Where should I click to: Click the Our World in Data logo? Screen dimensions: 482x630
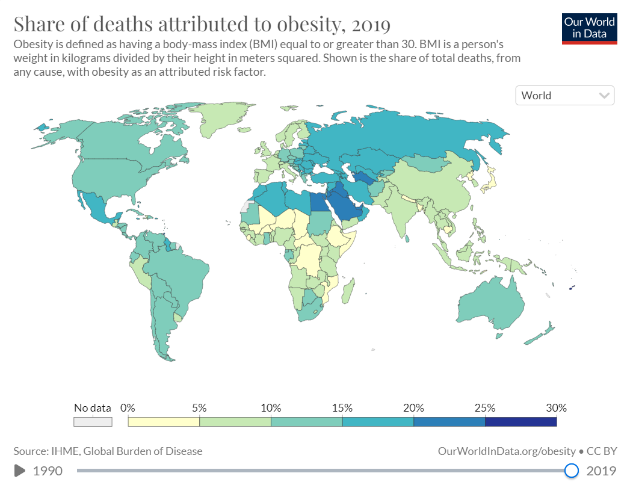(590, 28)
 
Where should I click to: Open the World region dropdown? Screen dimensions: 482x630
(564, 96)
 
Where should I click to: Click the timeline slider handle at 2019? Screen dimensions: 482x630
(572, 470)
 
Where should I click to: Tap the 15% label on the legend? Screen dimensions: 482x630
(342, 408)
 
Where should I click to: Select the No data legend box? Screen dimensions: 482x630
(93, 421)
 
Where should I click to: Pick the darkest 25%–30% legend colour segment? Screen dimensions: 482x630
(520, 421)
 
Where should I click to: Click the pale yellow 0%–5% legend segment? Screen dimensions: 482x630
(164, 421)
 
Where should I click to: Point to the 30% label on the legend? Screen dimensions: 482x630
(556, 408)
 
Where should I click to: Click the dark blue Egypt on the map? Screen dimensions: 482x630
(319, 202)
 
